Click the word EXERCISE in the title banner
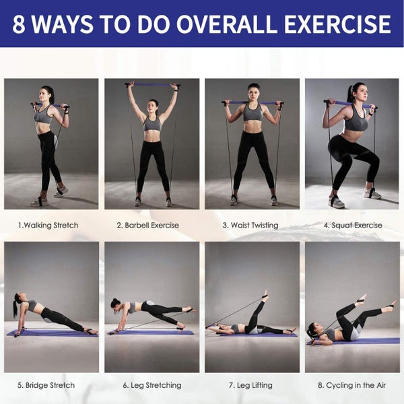[x=337, y=24]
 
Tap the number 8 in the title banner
[x=19, y=24]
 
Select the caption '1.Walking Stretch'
[x=48, y=225]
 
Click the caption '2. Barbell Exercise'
[x=148, y=225]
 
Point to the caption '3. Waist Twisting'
[x=250, y=226]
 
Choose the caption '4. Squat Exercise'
[x=353, y=225]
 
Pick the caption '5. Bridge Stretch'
[x=46, y=385]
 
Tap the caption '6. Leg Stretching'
[x=152, y=385]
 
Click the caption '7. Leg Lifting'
[x=250, y=385]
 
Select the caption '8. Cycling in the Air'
[x=351, y=385]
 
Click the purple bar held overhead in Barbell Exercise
[x=153, y=85]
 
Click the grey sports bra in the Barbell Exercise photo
[x=153, y=124]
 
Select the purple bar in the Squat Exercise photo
[x=349, y=104]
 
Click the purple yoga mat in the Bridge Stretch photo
[x=53, y=333]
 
